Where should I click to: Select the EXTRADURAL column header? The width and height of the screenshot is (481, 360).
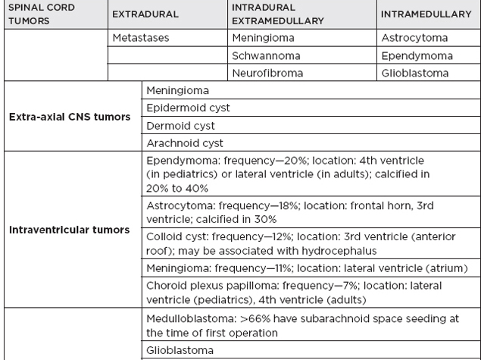coord(145,14)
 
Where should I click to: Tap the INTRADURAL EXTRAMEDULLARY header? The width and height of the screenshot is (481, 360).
coord(278,14)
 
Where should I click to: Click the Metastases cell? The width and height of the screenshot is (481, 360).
coord(140,37)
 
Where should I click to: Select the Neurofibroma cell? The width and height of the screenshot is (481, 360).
coord(269,74)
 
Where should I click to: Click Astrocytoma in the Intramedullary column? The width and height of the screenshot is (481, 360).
coord(415,37)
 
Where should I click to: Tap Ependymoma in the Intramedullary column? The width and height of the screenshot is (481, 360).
coord(417,55)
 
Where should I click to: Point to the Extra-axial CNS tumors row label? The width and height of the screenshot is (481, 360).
coord(70,117)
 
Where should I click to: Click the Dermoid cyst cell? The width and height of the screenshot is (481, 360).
coord(180,126)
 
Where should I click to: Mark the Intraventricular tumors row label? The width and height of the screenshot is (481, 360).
coord(70,229)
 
